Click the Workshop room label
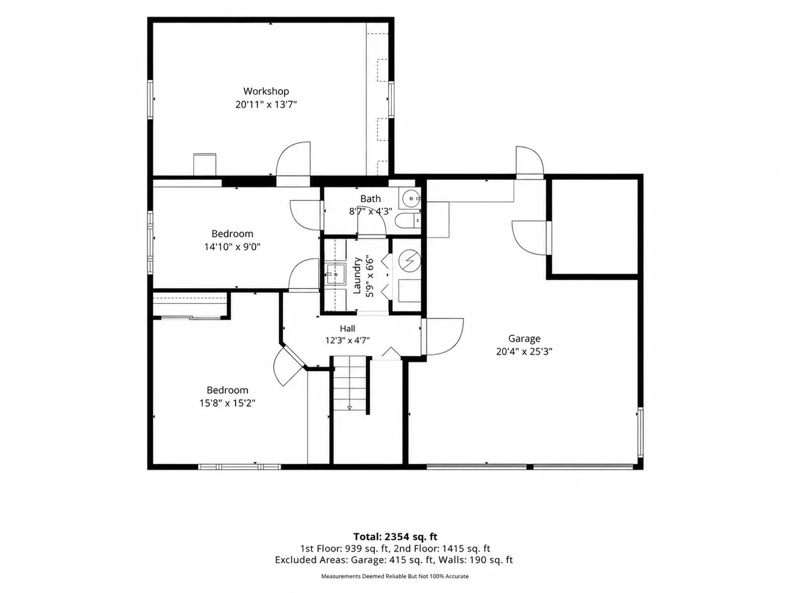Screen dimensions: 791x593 coord(266,92)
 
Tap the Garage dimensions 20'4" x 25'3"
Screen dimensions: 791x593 coord(524,351)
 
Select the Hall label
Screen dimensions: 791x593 coord(347,328)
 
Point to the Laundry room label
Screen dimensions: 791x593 coord(356,276)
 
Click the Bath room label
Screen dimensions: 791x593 coord(370,199)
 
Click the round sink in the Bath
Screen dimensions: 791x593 coord(411,198)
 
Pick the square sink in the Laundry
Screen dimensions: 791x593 coord(336,275)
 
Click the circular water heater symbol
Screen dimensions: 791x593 coord(410,260)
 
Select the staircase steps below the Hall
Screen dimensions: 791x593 coord(349,383)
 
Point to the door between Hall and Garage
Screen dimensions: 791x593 coord(443,336)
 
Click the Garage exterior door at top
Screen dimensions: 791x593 coord(530,163)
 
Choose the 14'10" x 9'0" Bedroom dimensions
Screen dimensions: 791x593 coord(232,247)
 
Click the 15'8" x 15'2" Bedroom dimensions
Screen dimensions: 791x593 coord(227,403)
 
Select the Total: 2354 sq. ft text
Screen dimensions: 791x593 coord(395,537)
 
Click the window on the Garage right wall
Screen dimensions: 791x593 coord(640,432)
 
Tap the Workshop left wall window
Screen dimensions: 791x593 coord(151,99)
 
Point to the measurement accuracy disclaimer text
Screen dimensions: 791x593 coord(395,577)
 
